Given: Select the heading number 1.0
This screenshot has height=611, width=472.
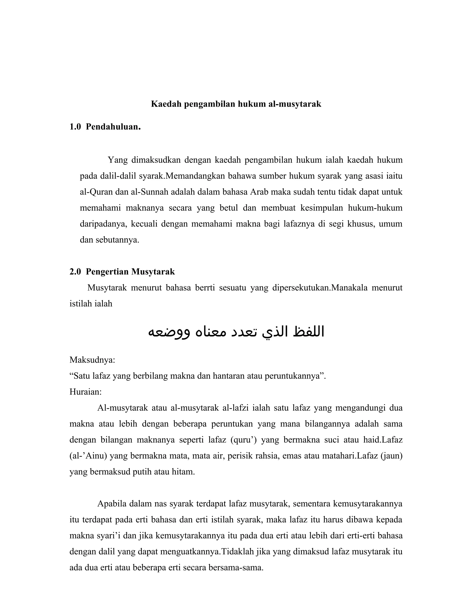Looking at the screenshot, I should (75, 127).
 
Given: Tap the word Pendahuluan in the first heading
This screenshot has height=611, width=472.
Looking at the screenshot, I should (113, 127).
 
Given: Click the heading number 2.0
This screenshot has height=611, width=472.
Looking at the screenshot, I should (75, 272).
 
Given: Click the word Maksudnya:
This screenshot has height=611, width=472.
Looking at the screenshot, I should (92, 360).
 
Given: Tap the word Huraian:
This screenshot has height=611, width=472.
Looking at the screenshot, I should (86, 392).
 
